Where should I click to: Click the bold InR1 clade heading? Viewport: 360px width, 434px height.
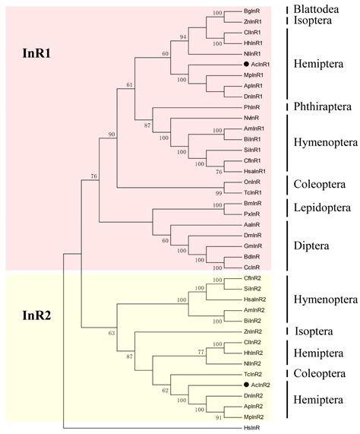click(x=36, y=53)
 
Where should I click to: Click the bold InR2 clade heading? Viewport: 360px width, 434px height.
click(x=36, y=315)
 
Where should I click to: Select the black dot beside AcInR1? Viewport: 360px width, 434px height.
click(x=246, y=64)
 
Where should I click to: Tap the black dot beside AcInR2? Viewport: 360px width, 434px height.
click(x=246, y=385)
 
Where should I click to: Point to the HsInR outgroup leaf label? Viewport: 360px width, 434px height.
click(x=251, y=428)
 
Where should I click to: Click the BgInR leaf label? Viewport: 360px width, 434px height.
click(x=251, y=11)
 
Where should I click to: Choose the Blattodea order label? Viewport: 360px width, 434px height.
click(x=316, y=9)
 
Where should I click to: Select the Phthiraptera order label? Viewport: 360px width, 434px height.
click(x=322, y=106)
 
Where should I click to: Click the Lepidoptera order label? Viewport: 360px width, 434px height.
click(x=322, y=207)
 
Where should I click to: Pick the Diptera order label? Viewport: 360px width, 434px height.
click(x=311, y=246)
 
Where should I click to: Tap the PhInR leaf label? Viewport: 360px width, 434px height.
click(x=251, y=107)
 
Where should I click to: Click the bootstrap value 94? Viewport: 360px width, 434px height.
click(x=183, y=37)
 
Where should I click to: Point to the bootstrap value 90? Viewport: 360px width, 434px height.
click(x=112, y=135)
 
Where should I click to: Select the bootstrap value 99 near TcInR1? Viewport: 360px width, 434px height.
click(x=219, y=193)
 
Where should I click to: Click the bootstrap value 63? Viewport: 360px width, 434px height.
click(x=112, y=333)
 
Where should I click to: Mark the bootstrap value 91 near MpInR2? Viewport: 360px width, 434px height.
click(x=219, y=418)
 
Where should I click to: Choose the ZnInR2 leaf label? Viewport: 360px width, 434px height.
click(x=253, y=331)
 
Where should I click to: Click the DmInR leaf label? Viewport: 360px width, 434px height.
click(x=252, y=236)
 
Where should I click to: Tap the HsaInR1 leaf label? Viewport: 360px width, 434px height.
click(x=254, y=171)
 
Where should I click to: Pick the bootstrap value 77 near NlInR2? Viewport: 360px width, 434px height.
click(x=201, y=352)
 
